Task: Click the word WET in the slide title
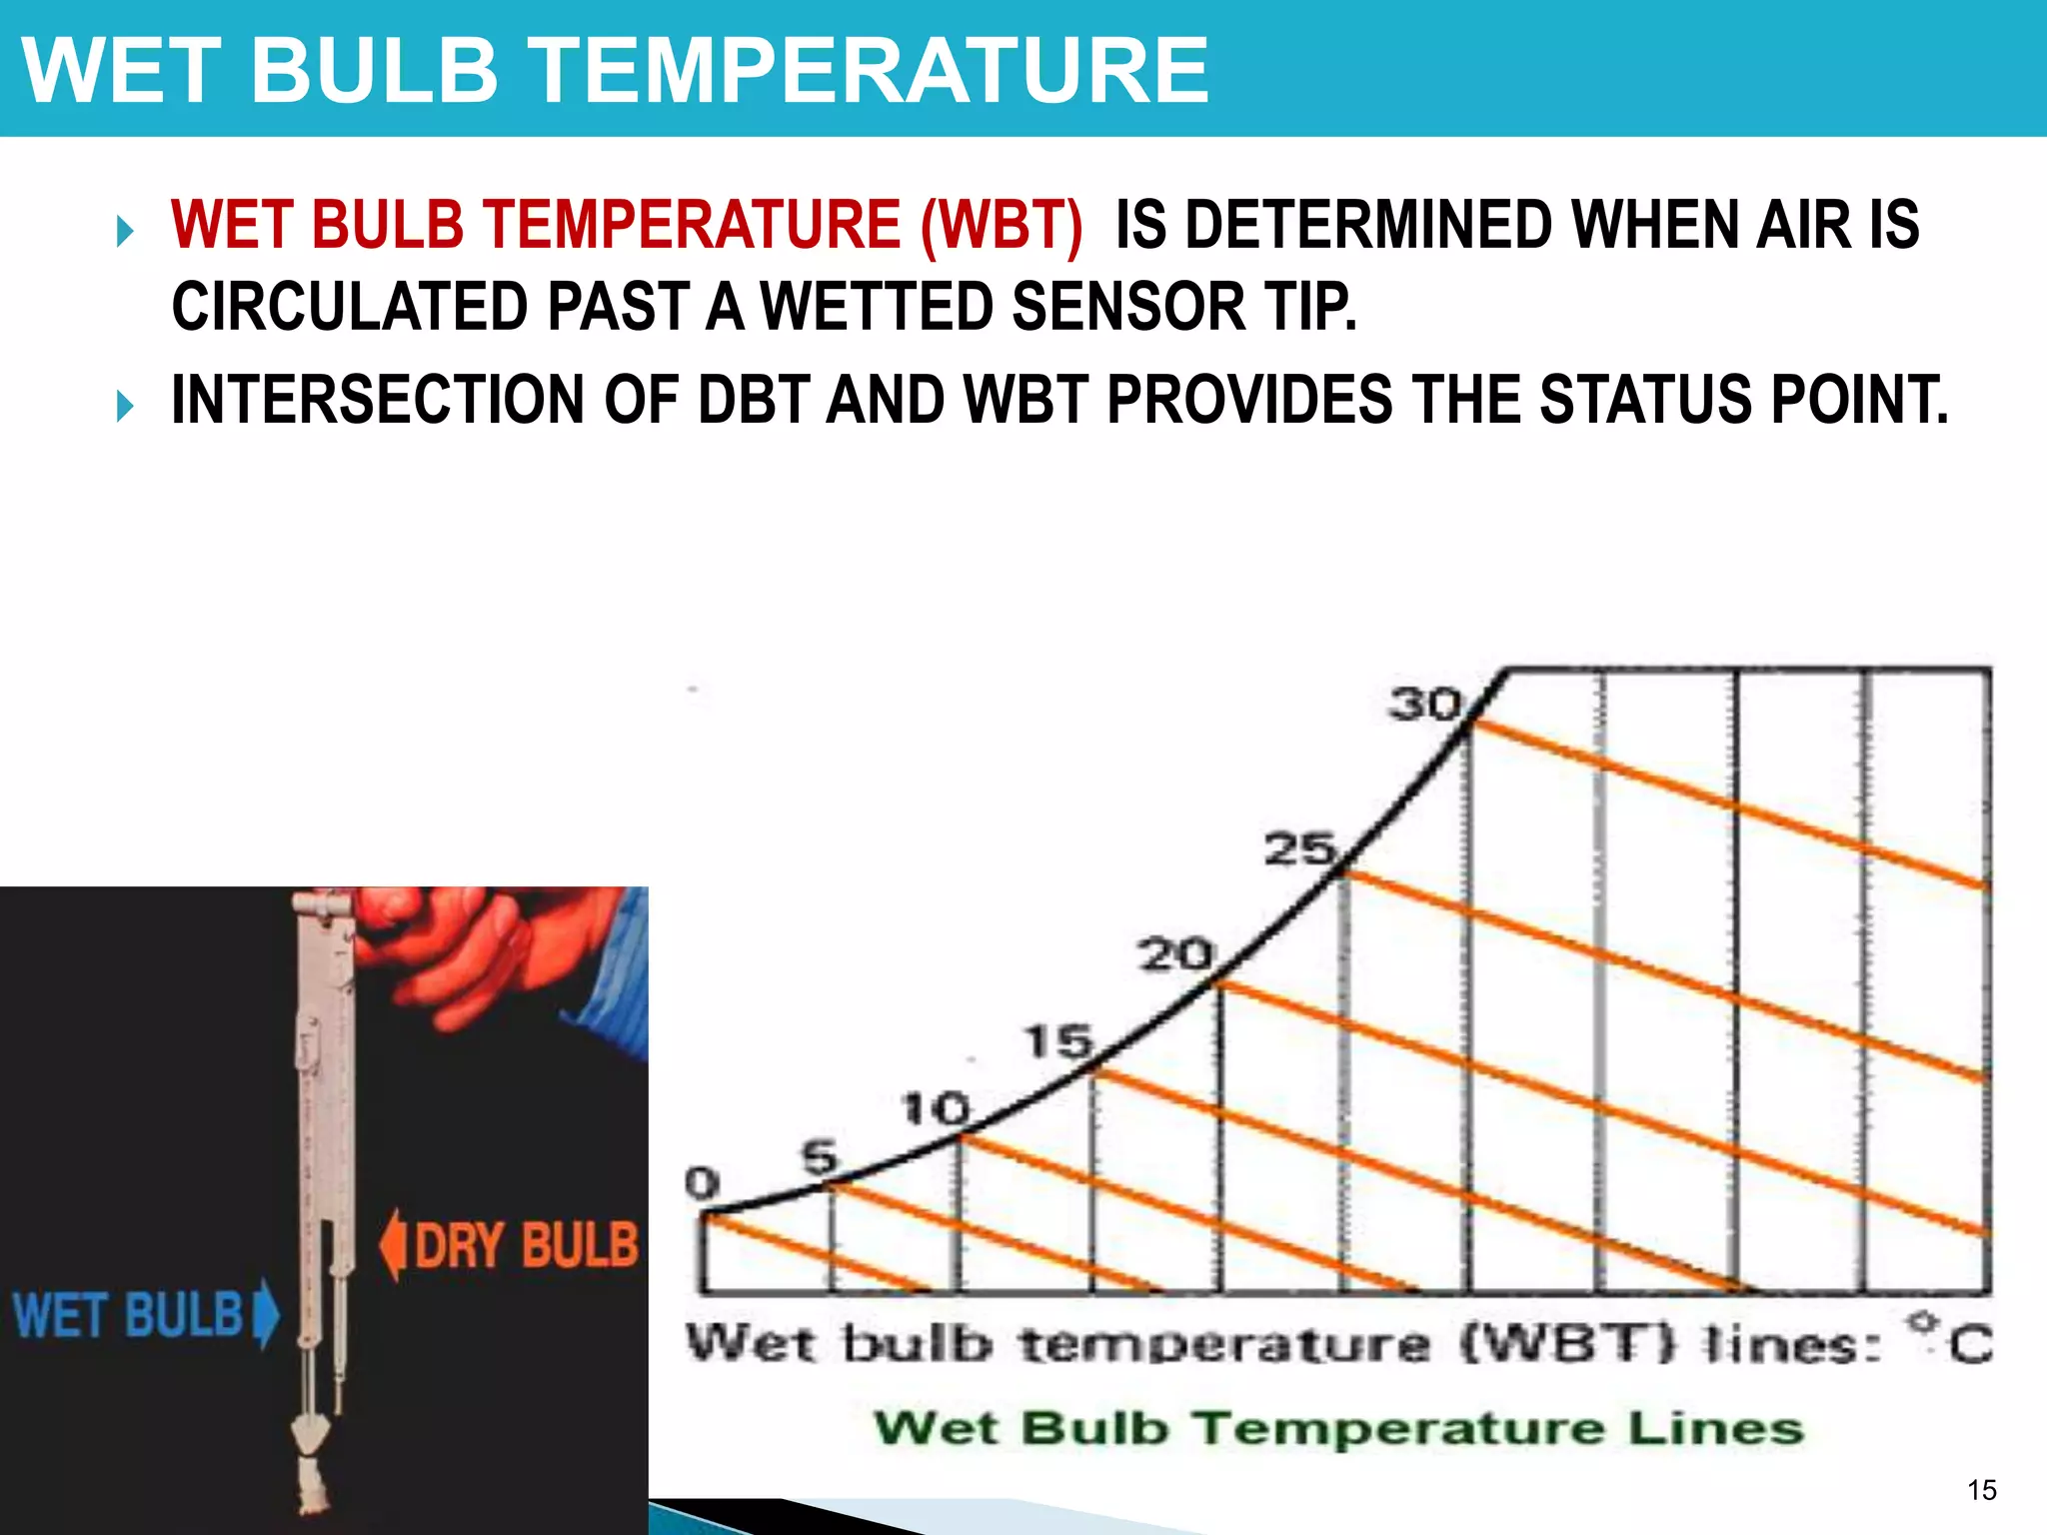tap(119, 70)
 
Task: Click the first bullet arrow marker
tap(125, 233)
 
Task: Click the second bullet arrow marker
tap(125, 407)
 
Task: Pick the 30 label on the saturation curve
tap(1424, 705)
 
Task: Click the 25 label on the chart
tap(1299, 849)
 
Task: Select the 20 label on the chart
tap(1175, 954)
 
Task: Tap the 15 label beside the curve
tap(1058, 1042)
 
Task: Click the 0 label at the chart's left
tap(702, 1183)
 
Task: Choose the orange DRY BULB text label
tap(526, 1245)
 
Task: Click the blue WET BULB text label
tap(128, 1314)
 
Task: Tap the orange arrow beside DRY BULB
tap(393, 1245)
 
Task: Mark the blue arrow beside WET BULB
tap(266, 1314)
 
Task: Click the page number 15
tap(1981, 1490)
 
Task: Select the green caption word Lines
tap(1715, 1427)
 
